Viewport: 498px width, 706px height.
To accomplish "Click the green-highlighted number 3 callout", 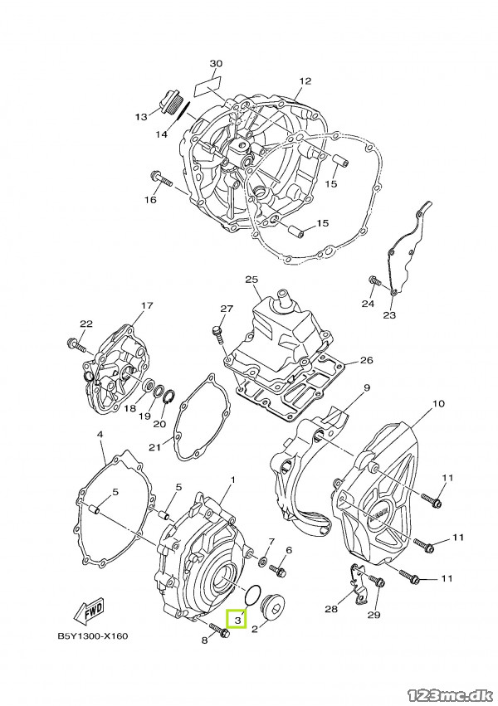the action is click(237, 620).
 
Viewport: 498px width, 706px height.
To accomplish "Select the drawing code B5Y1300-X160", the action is click(93, 636).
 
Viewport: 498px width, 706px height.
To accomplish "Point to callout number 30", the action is click(216, 64).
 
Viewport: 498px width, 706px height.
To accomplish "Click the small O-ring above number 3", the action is click(251, 595).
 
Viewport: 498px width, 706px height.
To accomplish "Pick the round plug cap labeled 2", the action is click(273, 606).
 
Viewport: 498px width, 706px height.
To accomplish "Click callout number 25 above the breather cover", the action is click(252, 280).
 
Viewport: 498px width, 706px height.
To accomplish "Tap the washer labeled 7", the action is click(261, 561).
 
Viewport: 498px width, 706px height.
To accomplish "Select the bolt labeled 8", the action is click(220, 631).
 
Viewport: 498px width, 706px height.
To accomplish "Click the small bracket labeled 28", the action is click(358, 584).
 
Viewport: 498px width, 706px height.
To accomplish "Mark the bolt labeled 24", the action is click(374, 280).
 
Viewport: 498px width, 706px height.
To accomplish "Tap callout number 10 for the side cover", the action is click(438, 403).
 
